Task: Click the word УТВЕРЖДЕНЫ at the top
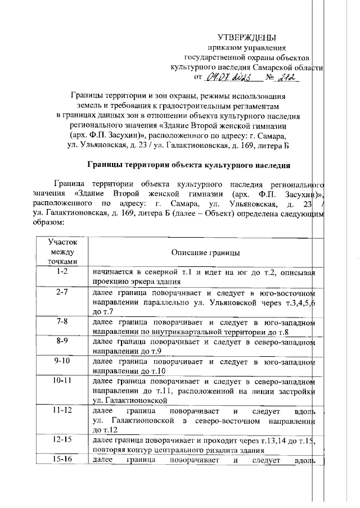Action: click(247, 38)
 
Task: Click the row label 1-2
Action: click(62, 273)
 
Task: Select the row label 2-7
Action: click(62, 293)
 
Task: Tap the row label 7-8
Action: click(62, 322)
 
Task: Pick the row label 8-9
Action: click(62, 341)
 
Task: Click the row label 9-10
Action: click(62, 361)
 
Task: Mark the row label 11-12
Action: click(62, 411)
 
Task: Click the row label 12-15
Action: click(62, 440)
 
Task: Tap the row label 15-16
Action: click(62, 460)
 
